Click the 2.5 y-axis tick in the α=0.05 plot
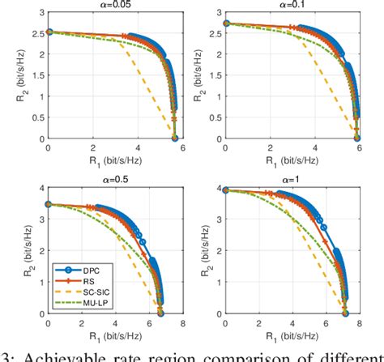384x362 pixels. (38, 32)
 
